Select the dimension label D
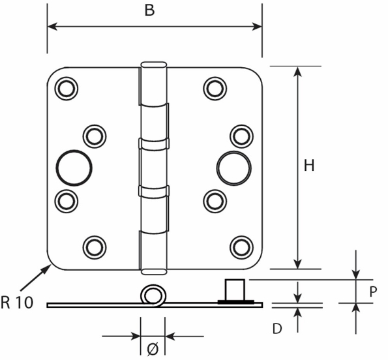(276, 329)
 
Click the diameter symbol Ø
(153, 349)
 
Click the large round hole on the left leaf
(74, 166)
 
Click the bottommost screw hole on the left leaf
(94, 246)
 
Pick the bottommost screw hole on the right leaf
(241, 246)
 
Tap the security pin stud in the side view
(235, 290)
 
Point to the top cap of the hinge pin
(154, 65)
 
